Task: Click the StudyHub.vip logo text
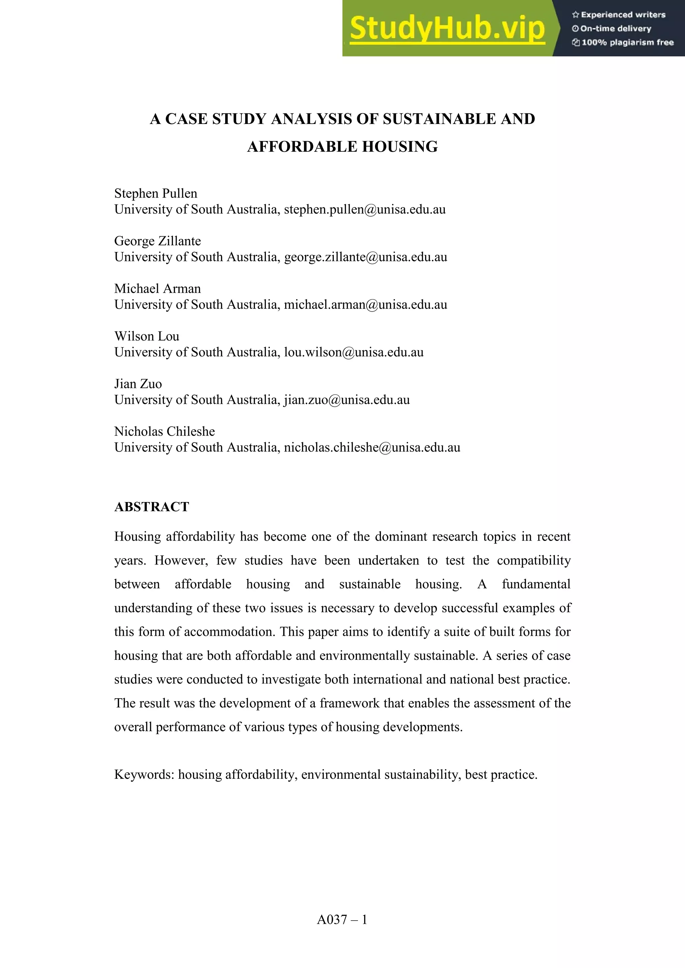tap(447, 28)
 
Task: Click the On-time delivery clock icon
tap(575, 29)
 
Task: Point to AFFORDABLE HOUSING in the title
tap(342, 147)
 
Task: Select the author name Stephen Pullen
tap(156, 194)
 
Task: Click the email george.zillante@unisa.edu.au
tap(365, 257)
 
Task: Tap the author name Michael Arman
tap(157, 289)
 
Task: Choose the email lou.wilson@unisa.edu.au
tap(354, 352)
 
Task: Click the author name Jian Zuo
tap(138, 384)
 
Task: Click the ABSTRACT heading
tap(152, 507)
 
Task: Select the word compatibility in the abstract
tap(533, 561)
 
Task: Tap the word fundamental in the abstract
tap(536, 584)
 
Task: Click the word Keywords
tap(144, 774)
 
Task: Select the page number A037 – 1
tap(342, 920)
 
